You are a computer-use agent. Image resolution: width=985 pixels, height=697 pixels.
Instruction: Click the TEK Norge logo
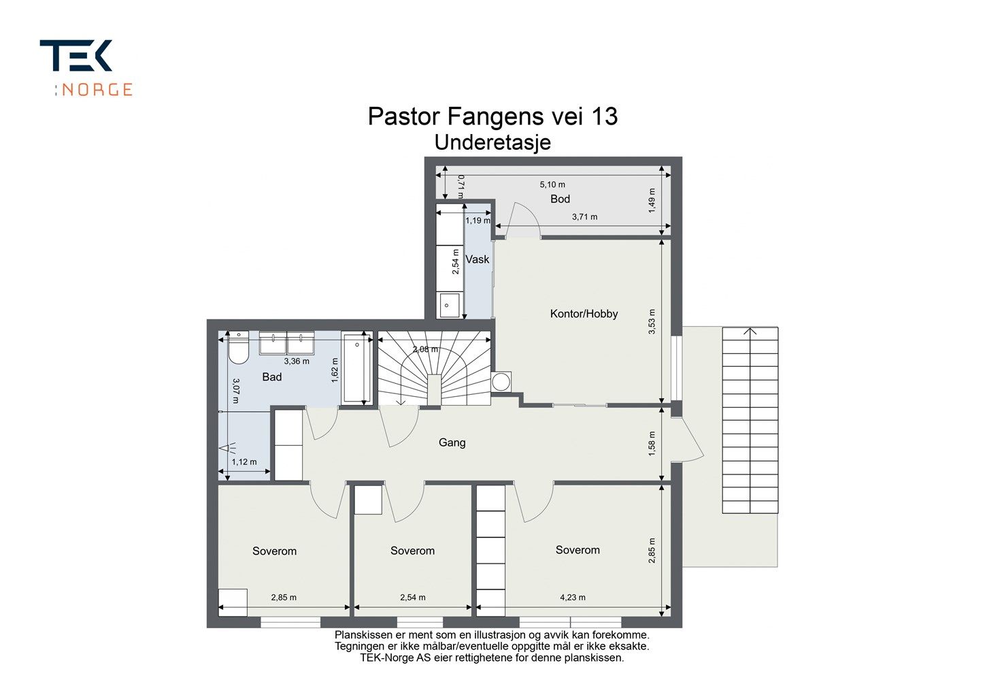click(86, 67)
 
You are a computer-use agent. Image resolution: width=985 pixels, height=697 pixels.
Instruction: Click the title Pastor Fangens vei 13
click(492, 116)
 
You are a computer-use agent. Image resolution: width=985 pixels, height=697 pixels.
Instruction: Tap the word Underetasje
click(492, 143)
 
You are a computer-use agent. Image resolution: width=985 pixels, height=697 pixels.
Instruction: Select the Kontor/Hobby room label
click(584, 314)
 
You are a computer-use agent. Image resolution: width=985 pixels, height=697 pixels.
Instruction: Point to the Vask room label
click(477, 259)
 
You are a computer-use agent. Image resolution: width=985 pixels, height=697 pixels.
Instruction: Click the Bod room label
click(560, 199)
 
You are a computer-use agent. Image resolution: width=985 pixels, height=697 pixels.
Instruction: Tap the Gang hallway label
click(452, 442)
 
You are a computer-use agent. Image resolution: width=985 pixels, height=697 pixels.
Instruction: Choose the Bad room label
click(271, 377)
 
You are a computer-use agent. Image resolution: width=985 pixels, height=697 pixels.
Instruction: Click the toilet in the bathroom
click(238, 349)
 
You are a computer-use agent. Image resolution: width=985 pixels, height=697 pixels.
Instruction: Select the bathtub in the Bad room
click(356, 368)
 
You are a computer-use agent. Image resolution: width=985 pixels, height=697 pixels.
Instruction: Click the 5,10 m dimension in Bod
click(552, 184)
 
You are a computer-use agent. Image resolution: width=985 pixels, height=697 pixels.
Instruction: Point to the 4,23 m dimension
click(572, 598)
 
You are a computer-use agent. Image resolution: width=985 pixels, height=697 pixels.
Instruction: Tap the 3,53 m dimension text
click(652, 322)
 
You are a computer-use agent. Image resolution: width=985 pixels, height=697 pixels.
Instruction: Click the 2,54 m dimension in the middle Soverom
click(412, 598)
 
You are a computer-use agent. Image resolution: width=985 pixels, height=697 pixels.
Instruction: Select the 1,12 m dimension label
click(244, 462)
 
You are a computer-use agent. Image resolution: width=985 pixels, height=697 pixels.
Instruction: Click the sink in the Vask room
click(448, 305)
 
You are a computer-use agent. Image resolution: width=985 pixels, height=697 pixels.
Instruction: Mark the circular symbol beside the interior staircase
click(502, 382)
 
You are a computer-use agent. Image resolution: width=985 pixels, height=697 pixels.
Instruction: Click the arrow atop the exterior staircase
click(750, 332)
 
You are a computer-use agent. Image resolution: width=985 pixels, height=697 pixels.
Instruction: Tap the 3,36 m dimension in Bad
click(297, 361)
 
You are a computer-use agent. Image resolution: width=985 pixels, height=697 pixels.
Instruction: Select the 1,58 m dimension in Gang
click(652, 444)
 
